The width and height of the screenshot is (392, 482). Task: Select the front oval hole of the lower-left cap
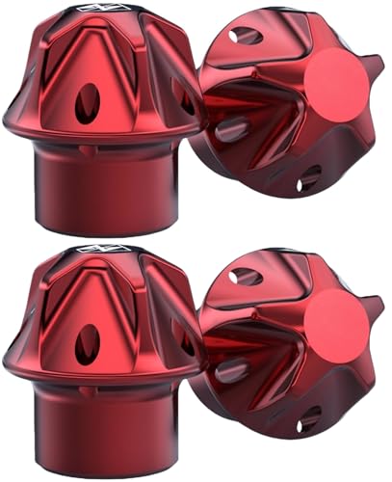click(88, 342)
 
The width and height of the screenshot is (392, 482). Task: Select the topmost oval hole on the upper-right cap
click(246, 35)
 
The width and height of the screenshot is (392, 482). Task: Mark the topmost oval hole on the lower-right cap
click(246, 277)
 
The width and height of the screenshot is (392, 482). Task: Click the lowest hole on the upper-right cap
click(309, 177)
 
